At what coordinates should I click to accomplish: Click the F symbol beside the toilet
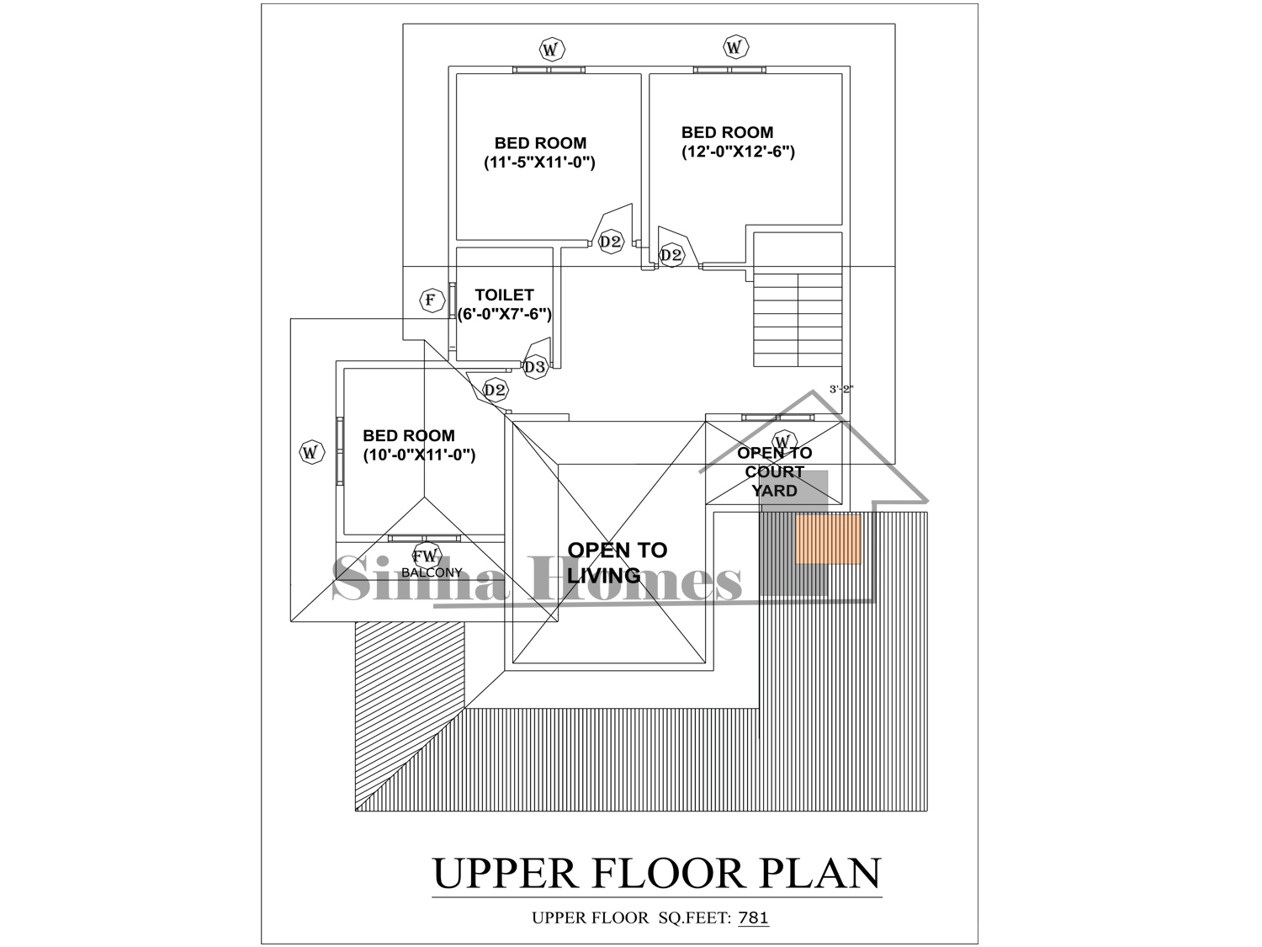click(x=432, y=301)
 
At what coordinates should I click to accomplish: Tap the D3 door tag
click(x=535, y=366)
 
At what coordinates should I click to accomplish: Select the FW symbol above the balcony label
click(x=427, y=556)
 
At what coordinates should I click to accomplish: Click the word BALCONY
click(x=432, y=572)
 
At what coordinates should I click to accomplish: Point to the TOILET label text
click(x=504, y=295)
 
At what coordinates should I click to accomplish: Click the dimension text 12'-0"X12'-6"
click(x=738, y=152)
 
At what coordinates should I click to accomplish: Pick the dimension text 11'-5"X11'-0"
click(x=539, y=162)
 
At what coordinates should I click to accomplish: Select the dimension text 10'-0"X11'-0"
click(x=419, y=455)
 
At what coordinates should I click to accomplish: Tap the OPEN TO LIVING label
click(x=617, y=562)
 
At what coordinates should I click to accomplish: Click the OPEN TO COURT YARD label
click(x=775, y=472)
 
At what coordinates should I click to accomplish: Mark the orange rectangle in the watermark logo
click(x=828, y=540)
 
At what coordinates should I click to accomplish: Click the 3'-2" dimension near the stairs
click(x=841, y=389)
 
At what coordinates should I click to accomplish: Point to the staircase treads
click(x=798, y=320)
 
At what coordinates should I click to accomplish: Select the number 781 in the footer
click(x=753, y=918)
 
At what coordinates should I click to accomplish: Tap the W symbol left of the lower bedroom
click(x=311, y=451)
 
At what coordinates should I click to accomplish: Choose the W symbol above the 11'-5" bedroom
click(x=551, y=50)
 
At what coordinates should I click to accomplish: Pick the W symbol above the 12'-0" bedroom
click(x=735, y=46)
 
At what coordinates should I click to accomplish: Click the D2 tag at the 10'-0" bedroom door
click(x=495, y=391)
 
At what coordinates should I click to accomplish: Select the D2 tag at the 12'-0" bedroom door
click(x=671, y=255)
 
